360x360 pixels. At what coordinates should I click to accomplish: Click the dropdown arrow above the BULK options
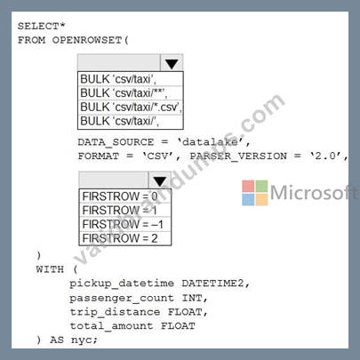point(172,63)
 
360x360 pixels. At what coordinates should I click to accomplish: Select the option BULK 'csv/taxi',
point(118,79)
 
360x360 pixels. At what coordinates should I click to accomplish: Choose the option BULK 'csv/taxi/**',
point(124,93)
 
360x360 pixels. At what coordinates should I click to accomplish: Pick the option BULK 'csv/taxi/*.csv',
point(131,107)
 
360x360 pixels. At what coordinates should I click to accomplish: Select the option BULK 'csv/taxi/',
point(120,121)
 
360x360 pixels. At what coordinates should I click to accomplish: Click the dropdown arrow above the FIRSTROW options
point(160,180)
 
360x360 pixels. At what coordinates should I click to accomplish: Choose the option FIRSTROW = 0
point(120,196)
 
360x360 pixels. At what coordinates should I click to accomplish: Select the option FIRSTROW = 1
point(120,211)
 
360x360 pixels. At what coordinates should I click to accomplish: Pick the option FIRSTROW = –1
point(123,224)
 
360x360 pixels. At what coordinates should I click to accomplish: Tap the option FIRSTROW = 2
point(120,238)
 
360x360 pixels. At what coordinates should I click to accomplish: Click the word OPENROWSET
point(87,40)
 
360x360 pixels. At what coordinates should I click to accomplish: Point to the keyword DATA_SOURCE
point(116,142)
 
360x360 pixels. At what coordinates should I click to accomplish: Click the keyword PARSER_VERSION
point(238,156)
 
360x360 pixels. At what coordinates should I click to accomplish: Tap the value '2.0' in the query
point(327,156)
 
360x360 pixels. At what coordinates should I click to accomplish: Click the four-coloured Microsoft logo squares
point(255,193)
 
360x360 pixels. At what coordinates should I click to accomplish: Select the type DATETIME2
point(213,284)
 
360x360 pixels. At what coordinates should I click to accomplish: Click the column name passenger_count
point(122,298)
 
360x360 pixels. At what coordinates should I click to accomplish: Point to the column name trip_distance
point(115,312)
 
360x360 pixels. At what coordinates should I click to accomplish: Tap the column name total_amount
point(111,326)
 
